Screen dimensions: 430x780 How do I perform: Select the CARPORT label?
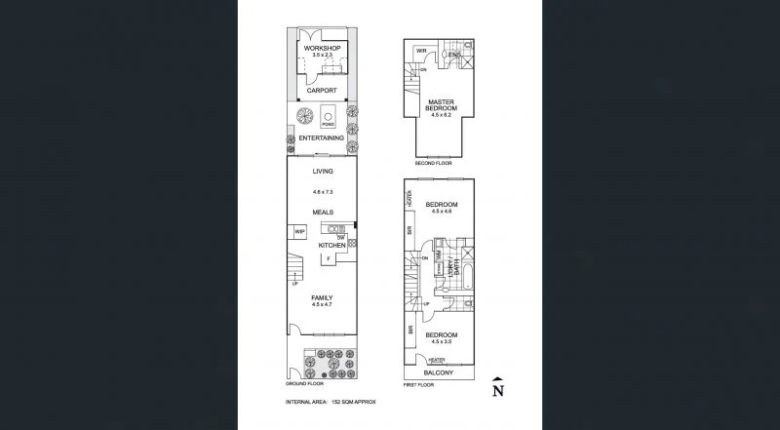(x=321, y=90)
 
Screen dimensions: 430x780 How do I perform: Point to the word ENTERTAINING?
(x=321, y=138)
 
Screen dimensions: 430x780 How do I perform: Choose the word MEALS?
(x=322, y=212)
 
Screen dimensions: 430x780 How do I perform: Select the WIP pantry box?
(x=299, y=232)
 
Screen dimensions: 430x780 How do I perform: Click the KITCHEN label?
(x=331, y=246)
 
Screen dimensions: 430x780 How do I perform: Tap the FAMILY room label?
(x=322, y=297)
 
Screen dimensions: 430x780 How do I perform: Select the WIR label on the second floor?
(x=421, y=50)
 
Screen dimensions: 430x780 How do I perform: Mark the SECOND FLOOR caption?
(x=433, y=164)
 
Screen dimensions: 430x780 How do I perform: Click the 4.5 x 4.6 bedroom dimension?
(x=442, y=212)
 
